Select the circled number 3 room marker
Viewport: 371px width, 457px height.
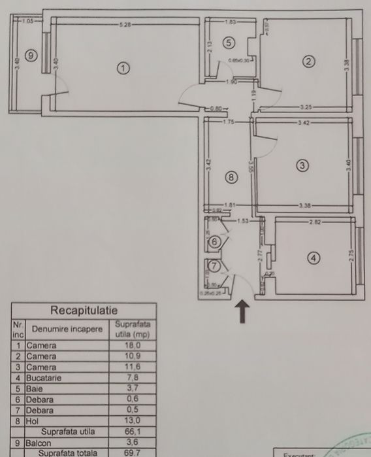301,165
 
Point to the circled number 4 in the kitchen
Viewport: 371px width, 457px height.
314,258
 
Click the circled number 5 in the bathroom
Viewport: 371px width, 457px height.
228,43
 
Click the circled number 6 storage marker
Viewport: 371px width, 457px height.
214,241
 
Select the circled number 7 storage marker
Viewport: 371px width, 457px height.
214,267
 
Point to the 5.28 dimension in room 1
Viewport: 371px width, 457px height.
125,24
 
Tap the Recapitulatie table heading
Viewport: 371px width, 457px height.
84,310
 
